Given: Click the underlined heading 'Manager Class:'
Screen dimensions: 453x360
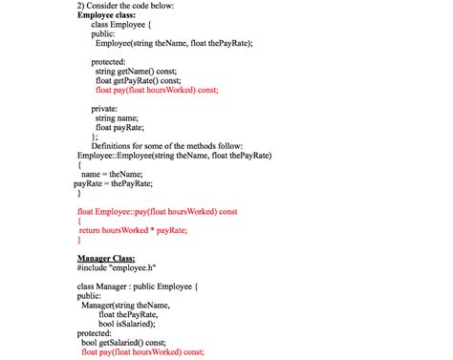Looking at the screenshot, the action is pyautogui.click(x=106, y=259).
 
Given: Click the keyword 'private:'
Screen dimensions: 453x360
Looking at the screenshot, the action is pyautogui.click(x=110, y=108).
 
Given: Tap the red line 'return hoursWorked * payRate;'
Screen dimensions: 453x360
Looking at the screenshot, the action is pyautogui.click(x=132, y=230).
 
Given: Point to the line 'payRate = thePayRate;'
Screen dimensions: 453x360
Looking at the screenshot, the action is pyautogui.click(x=113, y=183).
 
